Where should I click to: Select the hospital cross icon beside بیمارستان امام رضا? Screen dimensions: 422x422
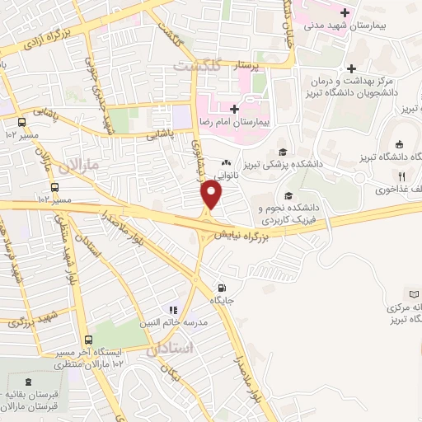coord(235,109)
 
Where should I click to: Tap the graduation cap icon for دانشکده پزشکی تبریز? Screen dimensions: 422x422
coord(283,152)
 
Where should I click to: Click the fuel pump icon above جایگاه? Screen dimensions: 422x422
coord(220,288)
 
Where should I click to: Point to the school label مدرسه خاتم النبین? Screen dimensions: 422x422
coord(174,322)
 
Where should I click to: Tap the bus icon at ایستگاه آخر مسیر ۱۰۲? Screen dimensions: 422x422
coord(88,340)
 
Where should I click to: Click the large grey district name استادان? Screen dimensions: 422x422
coord(172,349)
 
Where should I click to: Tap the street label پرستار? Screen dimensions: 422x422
coord(268,63)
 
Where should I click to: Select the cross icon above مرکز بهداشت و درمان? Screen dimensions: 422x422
coord(352,68)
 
